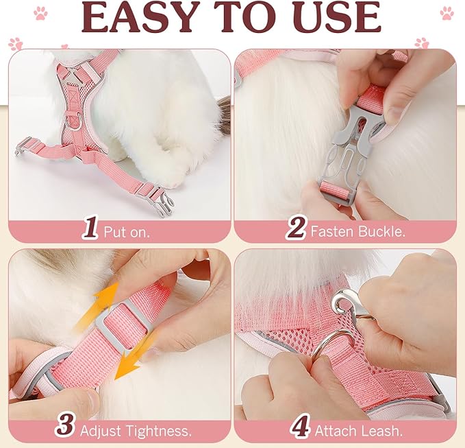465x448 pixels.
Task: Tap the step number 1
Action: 90,228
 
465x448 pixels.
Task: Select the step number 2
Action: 296,228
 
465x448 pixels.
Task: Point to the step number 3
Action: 65,426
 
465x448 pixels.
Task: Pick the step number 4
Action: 300,426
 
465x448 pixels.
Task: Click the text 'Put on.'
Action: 127,231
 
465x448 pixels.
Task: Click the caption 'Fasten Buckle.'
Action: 357,231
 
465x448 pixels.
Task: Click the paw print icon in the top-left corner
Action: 41,13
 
